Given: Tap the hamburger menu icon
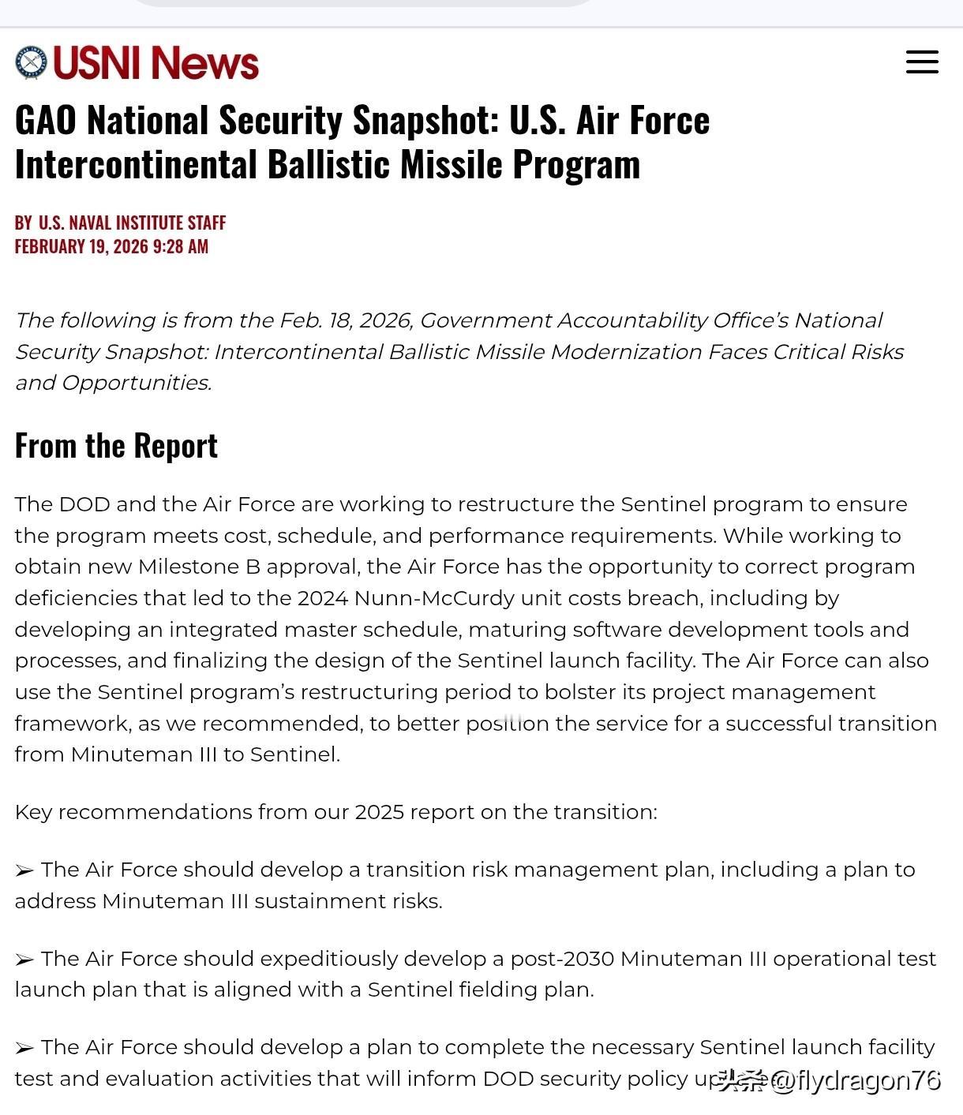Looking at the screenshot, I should click(x=922, y=62).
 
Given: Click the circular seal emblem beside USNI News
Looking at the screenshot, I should click(x=32, y=62).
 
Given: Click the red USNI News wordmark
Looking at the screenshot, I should click(x=156, y=62).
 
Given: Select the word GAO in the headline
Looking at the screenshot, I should click(x=45, y=121).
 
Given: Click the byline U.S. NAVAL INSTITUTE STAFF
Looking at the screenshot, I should click(x=132, y=223).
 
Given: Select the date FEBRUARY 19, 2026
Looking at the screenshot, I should click(x=81, y=247).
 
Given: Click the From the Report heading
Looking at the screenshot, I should click(x=116, y=446).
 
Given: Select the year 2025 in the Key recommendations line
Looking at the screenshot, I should click(x=379, y=812).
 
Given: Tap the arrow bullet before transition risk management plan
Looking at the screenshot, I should click(x=24, y=870).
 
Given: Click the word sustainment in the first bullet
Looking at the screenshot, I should click(x=319, y=901).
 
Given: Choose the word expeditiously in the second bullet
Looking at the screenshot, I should click(x=331, y=959).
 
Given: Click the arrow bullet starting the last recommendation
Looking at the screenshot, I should click(x=24, y=1048).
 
